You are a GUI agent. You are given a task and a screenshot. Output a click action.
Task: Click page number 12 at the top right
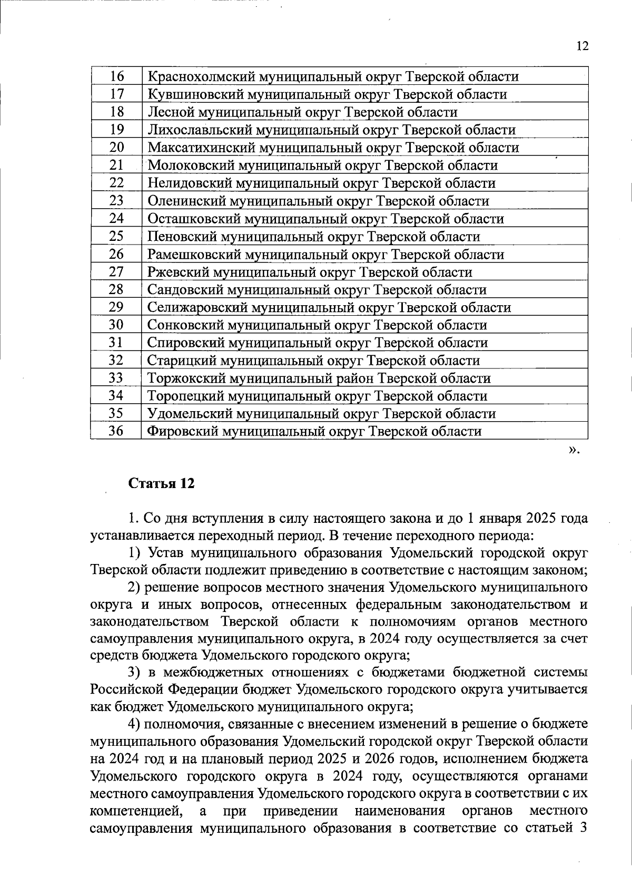(581, 46)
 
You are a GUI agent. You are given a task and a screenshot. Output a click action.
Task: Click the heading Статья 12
(162, 483)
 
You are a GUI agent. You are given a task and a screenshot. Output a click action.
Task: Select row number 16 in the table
(116, 76)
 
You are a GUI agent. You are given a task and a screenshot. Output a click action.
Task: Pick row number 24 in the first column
(116, 218)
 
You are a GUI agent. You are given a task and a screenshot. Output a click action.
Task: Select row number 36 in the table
(116, 431)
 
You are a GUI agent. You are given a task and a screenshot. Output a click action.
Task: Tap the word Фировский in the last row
(182, 432)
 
